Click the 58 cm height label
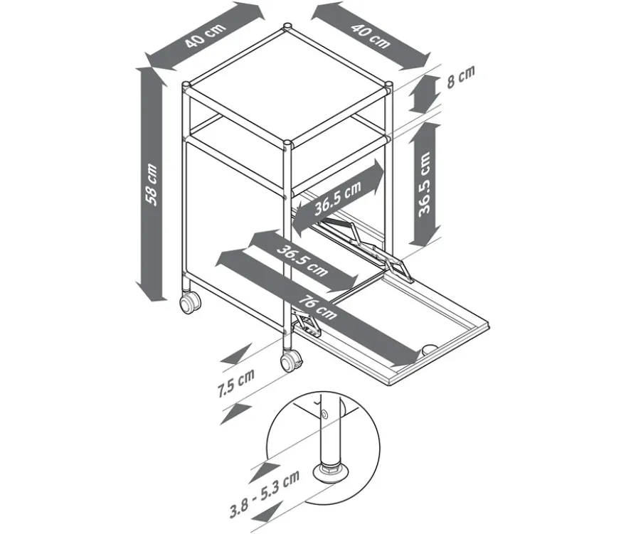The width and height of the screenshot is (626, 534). (152, 184)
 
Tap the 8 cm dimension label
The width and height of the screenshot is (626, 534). (461, 77)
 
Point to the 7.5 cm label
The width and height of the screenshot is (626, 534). (236, 383)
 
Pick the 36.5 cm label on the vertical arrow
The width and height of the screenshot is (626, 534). (424, 184)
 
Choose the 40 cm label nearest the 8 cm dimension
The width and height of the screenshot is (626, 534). (370, 36)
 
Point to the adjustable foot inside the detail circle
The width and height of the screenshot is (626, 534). (331, 471)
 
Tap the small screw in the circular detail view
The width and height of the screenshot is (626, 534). (324, 415)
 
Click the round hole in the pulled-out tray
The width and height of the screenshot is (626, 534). (430, 349)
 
